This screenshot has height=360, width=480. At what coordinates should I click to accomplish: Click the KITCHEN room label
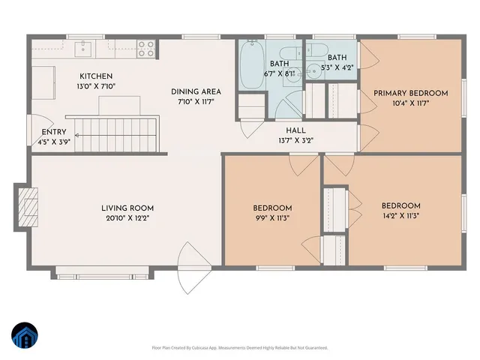(97, 76)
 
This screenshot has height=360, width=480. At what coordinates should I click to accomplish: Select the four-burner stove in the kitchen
(145, 49)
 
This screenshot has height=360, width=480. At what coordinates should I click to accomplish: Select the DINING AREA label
(196, 91)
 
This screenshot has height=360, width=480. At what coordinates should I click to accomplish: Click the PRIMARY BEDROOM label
(410, 93)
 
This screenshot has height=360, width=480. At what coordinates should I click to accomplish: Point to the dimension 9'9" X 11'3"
(272, 218)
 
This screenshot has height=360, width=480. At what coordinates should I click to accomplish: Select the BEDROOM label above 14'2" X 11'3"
(400, 205)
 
